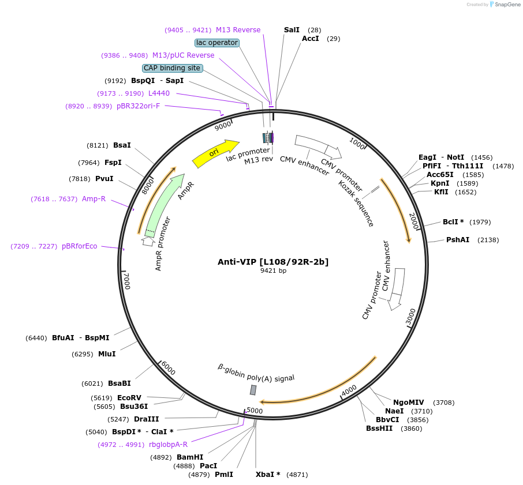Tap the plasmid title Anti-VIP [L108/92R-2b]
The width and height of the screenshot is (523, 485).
coord(273,262)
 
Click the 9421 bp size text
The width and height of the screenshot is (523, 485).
coord(273,270)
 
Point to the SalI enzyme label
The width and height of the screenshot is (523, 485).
coord(292,29)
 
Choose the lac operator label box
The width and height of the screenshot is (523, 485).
coord(217,43)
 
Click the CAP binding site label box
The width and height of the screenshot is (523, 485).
coord(172,68)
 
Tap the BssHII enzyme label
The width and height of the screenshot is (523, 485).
coord(379,428)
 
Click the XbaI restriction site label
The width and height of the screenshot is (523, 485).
coord(268,475)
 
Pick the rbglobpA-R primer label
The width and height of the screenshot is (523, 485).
coord(168,445)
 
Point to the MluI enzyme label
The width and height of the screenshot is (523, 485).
coord(107,354)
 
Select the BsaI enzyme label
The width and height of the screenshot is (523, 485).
coord(122,145)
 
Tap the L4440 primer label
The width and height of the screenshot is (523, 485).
coord(159,93)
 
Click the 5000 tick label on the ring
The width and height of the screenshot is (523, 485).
coord(255,411)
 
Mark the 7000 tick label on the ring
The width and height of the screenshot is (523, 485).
coord(128,281)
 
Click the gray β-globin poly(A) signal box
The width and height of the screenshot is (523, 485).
coord(253,390)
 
